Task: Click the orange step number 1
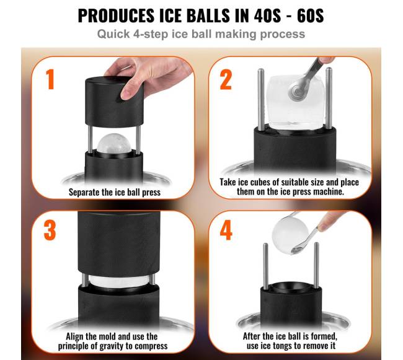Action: coord(50,79)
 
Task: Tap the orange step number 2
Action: coord(226,79)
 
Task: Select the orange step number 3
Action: coord(50,230)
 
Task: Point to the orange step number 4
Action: coord(226,230)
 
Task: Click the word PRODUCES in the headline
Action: coord(117,16)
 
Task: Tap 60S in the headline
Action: coord(311,16)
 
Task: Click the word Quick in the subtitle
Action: coord(113,34)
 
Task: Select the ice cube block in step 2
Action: coord(294,102)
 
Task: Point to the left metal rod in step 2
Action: coord(260,100)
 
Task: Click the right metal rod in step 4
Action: coord(316,265)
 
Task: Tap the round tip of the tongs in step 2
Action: coord(298,90)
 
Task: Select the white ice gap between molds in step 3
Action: coord(118,281)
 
